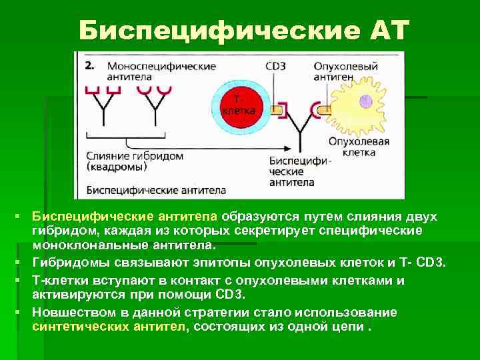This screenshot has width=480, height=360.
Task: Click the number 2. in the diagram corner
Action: click(x=90, y=66)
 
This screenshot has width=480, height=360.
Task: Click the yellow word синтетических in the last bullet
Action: click(x=71, y=327)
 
